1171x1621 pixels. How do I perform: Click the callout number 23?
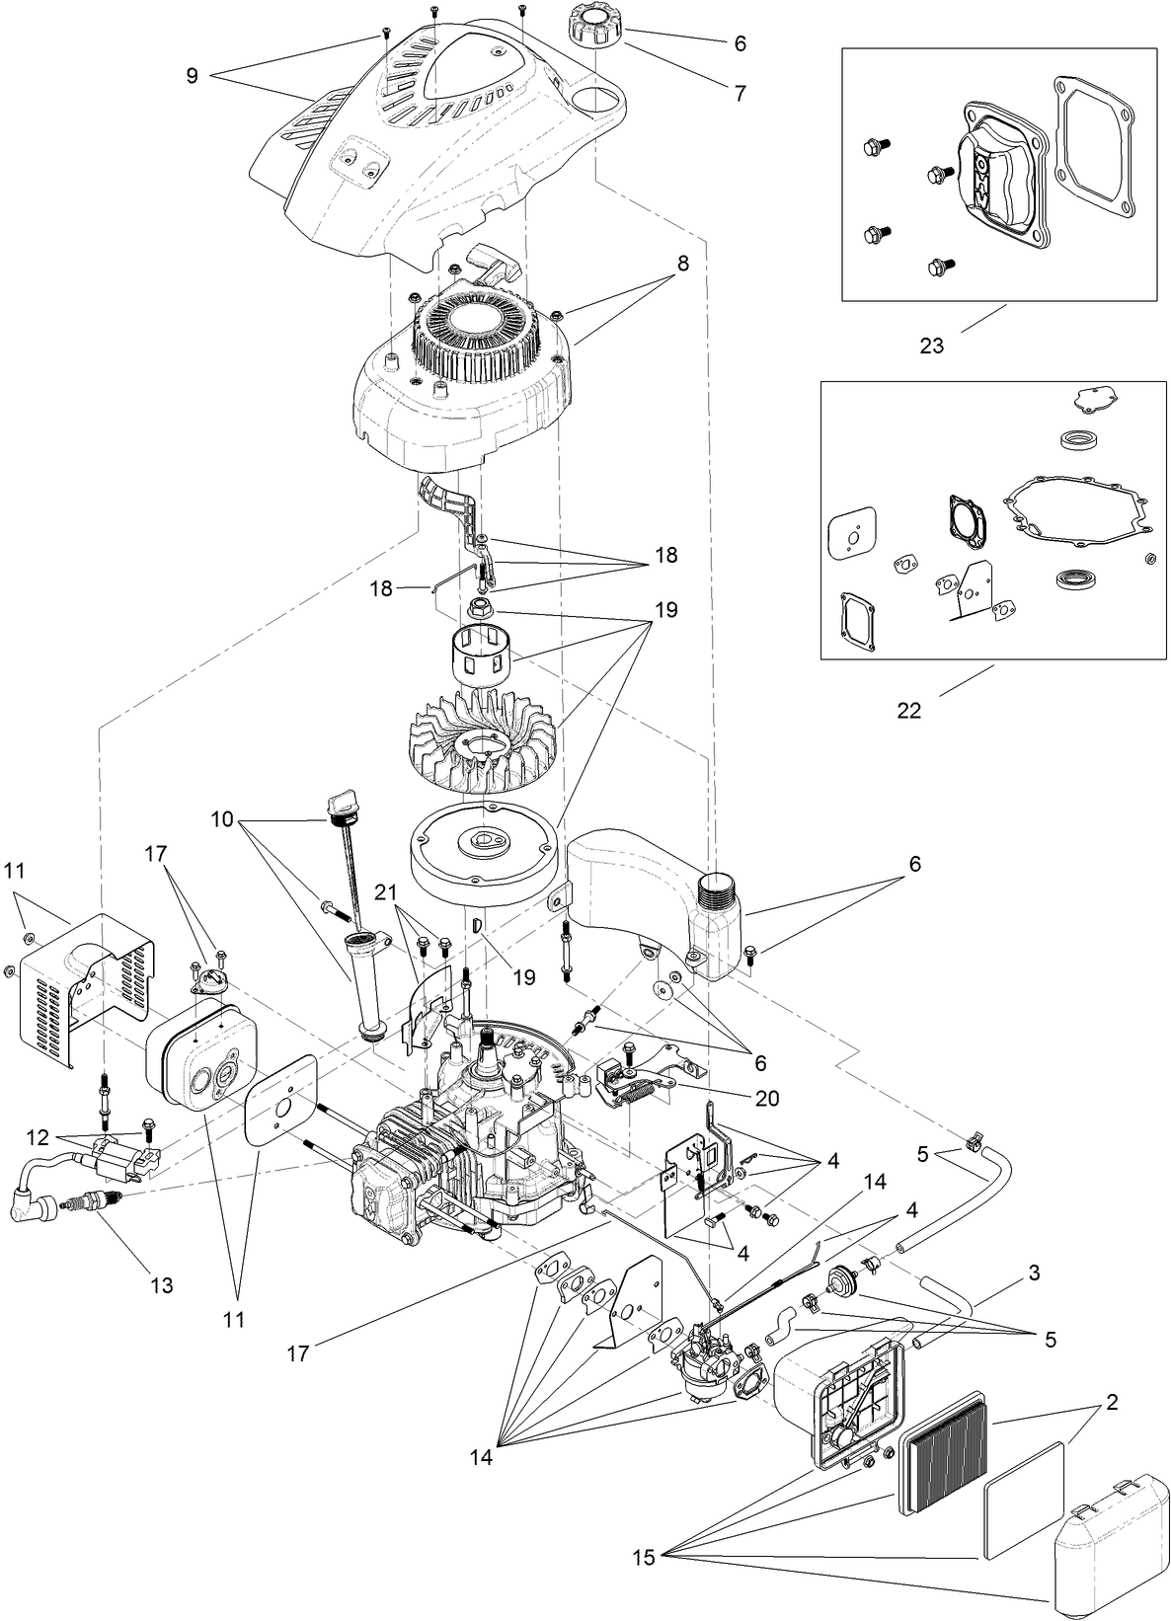pyautogui.click(x=931, y=346)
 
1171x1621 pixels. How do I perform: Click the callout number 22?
pyautogui.click(x=908, y=710)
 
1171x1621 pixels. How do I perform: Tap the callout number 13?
pyautogui.click(x=161, y=1284)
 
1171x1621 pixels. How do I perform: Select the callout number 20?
pyautogui.click(x=766, y=1098)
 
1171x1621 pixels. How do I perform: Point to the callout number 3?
pyautogui.click(x=1034, y=1273)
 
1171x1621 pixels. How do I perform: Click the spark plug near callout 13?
pyautogui.click(x=94, y=1203)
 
